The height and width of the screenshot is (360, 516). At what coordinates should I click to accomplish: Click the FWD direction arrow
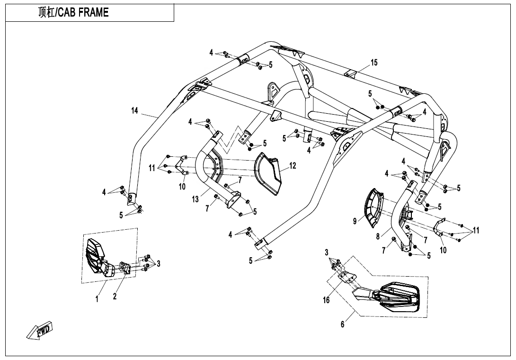coord(40,330)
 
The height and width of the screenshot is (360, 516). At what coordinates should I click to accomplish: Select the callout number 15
coord(374,63)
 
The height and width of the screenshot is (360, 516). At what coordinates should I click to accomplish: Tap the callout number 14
coord(135,111)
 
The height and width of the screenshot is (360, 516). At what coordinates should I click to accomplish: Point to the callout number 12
coord(293,166)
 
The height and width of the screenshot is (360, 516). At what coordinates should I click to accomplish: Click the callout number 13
coord(196,199)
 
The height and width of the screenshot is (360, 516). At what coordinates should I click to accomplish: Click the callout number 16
coord(326,300)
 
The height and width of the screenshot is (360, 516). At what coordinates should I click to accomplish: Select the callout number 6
coord(343,324)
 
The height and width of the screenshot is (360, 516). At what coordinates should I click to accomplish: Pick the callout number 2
coord(115,297)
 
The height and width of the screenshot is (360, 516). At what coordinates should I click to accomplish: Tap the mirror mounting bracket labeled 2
coord(125,268)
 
